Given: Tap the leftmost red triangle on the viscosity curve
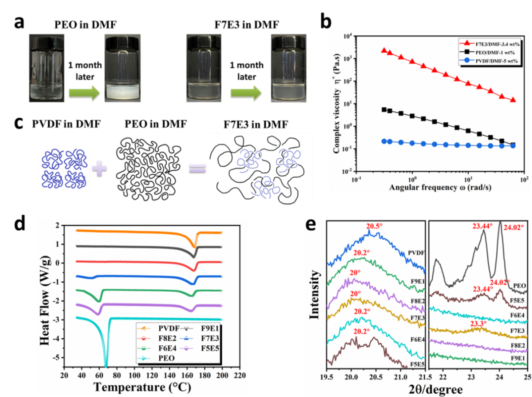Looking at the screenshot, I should (384, 50).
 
